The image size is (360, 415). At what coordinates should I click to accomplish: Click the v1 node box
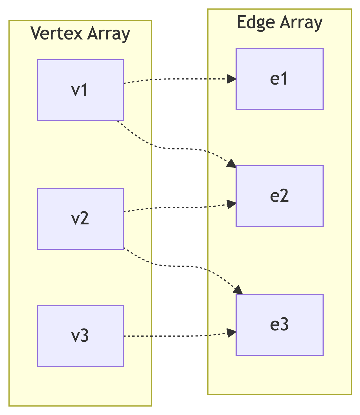(x=80, y=90)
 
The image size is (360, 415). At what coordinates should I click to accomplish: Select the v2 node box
(x=80, y=219)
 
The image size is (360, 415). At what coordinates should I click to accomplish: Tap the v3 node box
(x=80, y=336)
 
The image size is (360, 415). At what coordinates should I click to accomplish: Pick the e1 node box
(x=279, y=79)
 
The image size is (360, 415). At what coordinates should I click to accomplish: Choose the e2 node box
(x=279, y=196)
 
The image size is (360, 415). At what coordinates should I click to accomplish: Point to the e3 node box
(x=279, y=325)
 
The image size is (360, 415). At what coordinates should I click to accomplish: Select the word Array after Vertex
(x=109, y=34)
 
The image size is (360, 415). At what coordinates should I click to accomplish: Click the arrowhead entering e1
(x=232, y=79)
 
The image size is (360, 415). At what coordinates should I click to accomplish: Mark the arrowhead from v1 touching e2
(x=232, y=164)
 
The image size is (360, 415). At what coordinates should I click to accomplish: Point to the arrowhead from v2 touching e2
(x=232, y=204)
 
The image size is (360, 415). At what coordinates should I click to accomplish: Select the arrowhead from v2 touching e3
(x=238, y=290)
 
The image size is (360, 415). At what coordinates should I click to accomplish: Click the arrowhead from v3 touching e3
(x=232, y=333)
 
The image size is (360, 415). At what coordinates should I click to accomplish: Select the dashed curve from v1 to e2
(x=175, y=149)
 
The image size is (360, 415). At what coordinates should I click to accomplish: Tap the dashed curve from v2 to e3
(x=175, y=266)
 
